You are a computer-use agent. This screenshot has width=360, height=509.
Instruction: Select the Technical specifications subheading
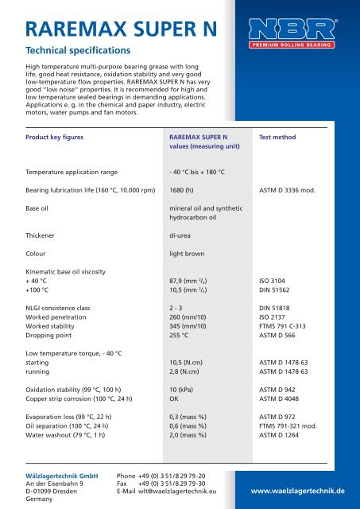pos(72,49)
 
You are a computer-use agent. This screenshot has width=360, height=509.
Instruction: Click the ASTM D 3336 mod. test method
pos(293,190)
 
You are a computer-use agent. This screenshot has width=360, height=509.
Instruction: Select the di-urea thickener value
pos(172,235)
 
